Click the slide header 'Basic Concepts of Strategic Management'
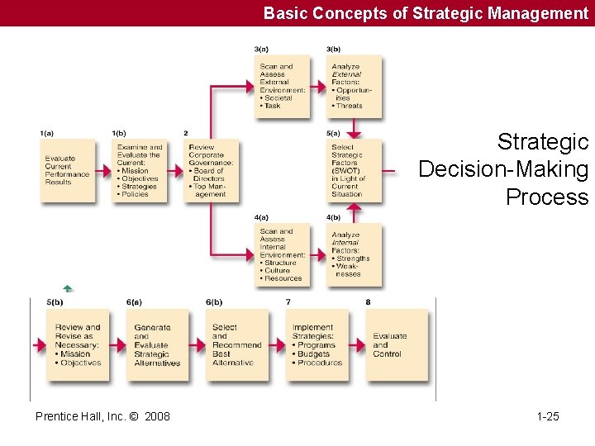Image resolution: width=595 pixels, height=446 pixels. point(426,13)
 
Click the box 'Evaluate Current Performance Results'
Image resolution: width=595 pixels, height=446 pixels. point(67,171)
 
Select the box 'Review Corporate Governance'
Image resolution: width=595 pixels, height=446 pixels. point(212,171)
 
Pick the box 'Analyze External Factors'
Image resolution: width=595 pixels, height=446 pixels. point(355,86)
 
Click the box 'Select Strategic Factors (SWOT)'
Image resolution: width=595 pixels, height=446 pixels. point(355,171)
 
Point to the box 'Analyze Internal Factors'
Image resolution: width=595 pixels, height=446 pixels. point(355,254)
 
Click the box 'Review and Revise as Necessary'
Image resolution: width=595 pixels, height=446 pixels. point(78,345)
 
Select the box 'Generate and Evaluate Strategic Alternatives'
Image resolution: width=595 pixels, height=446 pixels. point(157,345)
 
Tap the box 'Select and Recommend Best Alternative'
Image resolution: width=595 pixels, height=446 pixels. point(236,345)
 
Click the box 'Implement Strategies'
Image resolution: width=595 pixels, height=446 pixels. point(317,345)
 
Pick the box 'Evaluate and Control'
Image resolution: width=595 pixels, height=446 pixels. point(397,345)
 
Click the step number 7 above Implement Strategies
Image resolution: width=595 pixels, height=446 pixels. point(288,302)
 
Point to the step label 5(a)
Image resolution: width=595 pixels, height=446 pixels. point(333,133)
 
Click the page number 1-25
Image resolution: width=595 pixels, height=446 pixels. point(547,416)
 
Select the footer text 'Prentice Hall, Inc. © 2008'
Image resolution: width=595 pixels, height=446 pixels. point(102,416)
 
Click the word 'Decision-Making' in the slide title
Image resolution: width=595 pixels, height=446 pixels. point(503,170)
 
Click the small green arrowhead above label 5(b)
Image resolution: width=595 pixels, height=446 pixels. point(68,289)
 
